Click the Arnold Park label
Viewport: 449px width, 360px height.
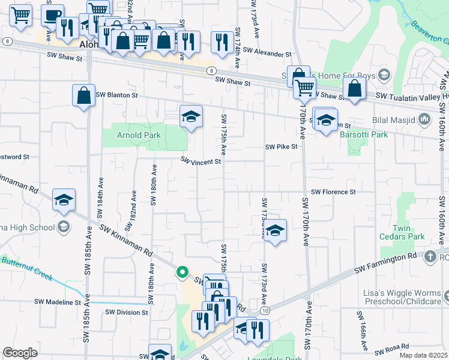click(x=139, y=136)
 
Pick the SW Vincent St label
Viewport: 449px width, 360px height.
click(x=202, y=161)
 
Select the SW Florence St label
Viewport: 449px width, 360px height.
click(x=334, y=192)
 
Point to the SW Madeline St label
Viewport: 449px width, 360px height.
click(x=57, y=302)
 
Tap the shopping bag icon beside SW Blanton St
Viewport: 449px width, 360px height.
click(x=83, y=95)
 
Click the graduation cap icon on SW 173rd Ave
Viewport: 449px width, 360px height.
click(x=275, y=230)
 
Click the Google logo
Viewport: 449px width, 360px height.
click(x=20, y=353)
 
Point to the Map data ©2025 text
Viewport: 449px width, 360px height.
click(x=423, y=355)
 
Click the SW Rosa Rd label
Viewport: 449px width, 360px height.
click(x=392, y=347)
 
